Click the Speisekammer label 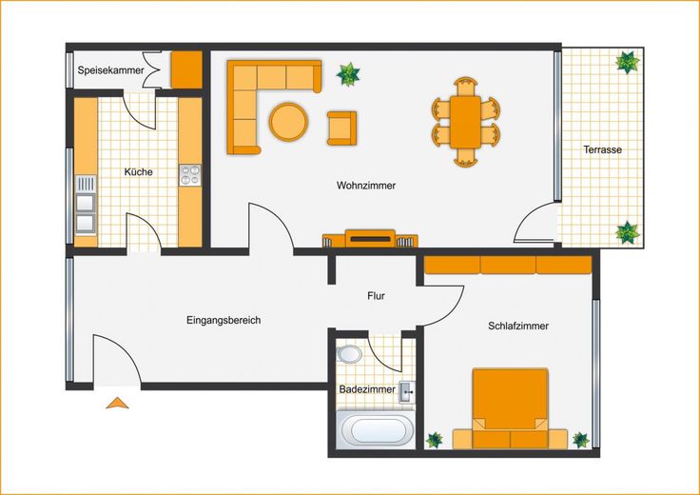(110, 70)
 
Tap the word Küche (139, 172)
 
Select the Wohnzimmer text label (366, 186)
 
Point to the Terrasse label (602, 149)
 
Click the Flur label (376, 296)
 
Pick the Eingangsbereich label (224, 320)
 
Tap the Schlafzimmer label (517, 327)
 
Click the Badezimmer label (367, 389)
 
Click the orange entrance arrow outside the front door (117, 403)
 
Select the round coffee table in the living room (288, 122)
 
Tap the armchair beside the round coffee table (342, 129)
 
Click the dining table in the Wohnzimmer (465, 122)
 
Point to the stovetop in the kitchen (190, 175)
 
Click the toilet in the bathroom (350, 354)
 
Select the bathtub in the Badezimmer (376, 429)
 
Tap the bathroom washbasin (407, 392)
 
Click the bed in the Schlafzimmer (510, 408)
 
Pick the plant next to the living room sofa (348, 74)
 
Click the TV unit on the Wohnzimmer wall (370, 239)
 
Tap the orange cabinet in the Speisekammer (186, 69)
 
